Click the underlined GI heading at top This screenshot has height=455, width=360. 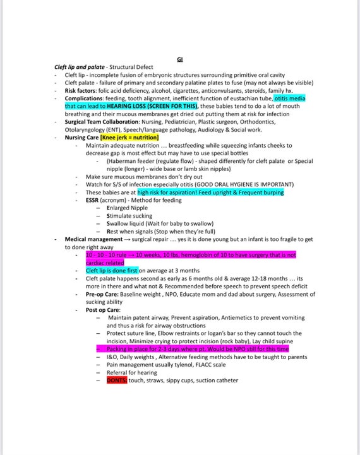[180, 60]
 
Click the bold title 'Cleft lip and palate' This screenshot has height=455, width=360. [80, 68]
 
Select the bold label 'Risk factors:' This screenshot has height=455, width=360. [81, 90]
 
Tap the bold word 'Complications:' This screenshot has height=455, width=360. [85, 98]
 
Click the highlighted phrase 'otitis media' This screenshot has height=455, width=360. [293, 98]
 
